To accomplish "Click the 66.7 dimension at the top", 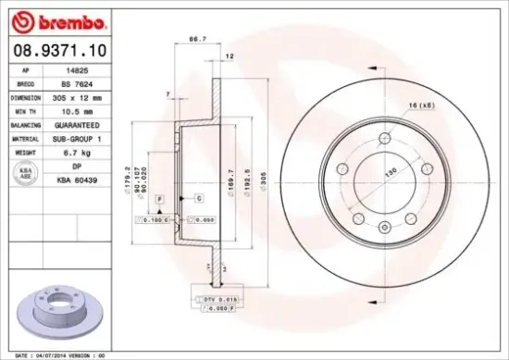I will pyautogui.click(x=196, y=40).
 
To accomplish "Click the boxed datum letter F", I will pyautogui.click(x=160, y=199).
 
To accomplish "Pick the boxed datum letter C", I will pyautogui.click(x=199, y=199).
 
